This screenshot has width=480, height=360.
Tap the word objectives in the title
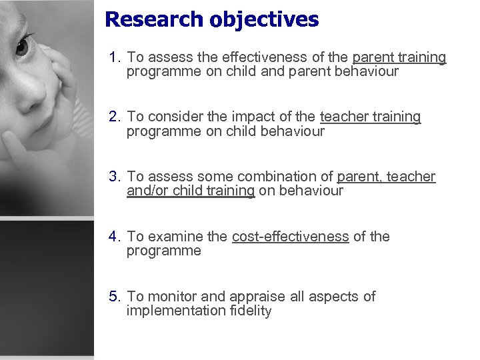point(264,20)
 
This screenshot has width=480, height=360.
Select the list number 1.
point(115,57)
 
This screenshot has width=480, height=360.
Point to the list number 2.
point(115,117)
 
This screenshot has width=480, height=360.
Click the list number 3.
point(115,177)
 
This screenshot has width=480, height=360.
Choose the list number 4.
point(115,237)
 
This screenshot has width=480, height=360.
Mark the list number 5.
point(115,297)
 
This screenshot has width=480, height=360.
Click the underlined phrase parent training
point(399,57)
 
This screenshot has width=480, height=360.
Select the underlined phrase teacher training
point(370,117)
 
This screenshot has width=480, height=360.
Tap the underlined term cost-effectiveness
point(290,237)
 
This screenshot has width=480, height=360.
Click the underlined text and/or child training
point(191,191)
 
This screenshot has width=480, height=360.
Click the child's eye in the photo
point(22,47)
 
